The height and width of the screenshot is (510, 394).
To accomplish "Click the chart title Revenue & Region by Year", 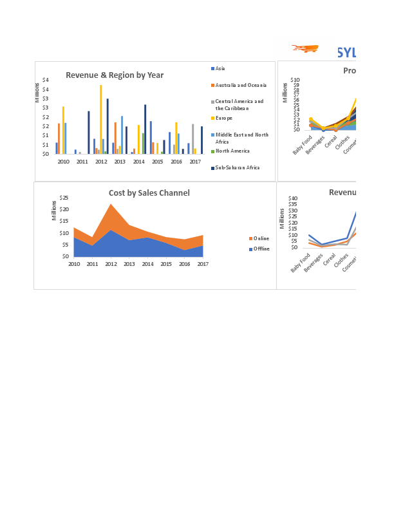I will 115,75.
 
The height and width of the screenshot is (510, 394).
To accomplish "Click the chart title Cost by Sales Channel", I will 149,193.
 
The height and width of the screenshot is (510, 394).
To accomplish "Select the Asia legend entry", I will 220,68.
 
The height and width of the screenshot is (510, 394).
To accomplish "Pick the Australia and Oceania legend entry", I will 240,85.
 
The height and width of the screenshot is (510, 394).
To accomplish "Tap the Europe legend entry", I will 224,118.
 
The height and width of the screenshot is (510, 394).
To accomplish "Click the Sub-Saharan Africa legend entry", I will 237,167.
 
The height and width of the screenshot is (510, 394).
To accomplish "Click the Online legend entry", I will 261,238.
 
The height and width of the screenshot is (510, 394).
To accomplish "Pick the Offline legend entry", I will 261,249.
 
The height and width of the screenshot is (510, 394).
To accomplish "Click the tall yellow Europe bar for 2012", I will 100,119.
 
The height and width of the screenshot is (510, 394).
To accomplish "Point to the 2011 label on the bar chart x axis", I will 82,162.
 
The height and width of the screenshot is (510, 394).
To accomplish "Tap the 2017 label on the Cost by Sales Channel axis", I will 203,264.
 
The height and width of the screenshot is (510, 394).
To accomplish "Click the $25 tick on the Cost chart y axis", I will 64,198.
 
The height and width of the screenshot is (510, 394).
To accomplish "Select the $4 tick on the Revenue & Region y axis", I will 45,80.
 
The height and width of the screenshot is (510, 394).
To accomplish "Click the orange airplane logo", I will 305,49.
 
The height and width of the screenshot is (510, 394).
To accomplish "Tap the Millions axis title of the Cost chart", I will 54,211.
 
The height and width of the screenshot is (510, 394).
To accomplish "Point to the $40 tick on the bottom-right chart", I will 293,198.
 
